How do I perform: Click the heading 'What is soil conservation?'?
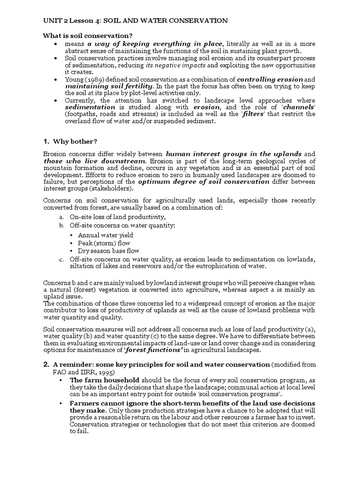point(88,36)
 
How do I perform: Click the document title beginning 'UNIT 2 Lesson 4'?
point(135,21)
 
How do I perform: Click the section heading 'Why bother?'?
point(75,142)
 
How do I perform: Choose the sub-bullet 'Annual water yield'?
point(105,235)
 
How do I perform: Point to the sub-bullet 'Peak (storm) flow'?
point(104,243)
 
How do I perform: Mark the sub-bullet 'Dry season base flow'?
point(108,251)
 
